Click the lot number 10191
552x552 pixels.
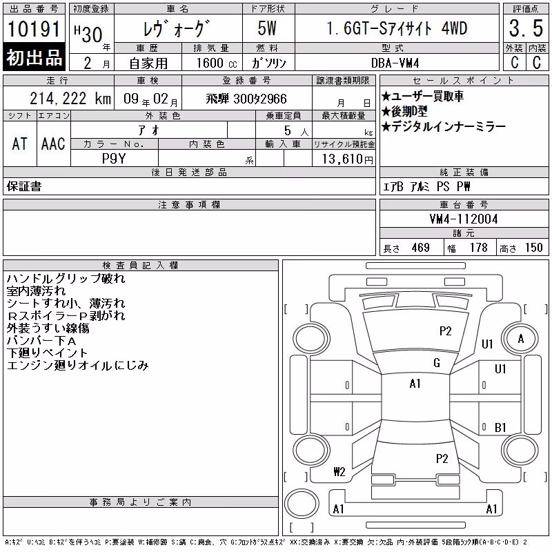pyautogui.click(x=34, y=29)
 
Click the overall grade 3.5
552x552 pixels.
pyautogui.click(x=526, y=28)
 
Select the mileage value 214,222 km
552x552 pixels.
pyautogui.click(x=70, y=99)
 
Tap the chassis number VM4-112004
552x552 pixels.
pyautogui.click(x=464, y=219)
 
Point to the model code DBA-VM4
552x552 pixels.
pyautogui.click(x=395, y=63)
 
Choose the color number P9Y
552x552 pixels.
pyautogui.click(x=114, y=159)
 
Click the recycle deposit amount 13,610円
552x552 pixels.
pyautogui.click(x=348, y=159)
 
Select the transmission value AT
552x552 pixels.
pyautogui.click(x=20, y=144)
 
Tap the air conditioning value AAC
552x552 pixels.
pyautogui.click(x=53, y=144)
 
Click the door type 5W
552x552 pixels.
pyautogui.click(x=267, y=28)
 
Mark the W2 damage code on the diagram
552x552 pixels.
pyautogui.click(x=339, y=472)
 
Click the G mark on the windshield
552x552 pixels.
pyautogui.click(x=437, y=363)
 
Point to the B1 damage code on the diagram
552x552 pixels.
pyautogui.click(x=500, y=428)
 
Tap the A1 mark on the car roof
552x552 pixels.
pyautogui.click(x=415, y=384)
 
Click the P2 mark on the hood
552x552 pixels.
pyautogui.click(x=445, y=331)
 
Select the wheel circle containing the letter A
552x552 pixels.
pyautogui.click(x=520, y=339)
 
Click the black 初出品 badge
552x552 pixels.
pyautogui.click(x=34, y=57)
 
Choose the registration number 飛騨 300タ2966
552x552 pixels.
pyautogui.click(x=246, y=99)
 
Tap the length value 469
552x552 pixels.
pyautogui.click(x=420, y=248)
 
